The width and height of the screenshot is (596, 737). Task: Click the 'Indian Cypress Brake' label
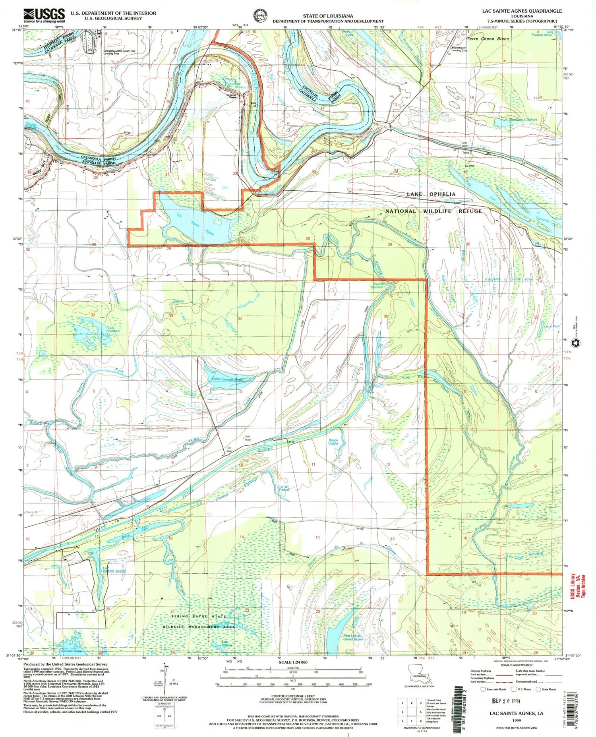click(x=227, y=379)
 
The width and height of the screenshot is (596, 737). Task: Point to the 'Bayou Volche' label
click(x=333, y=441)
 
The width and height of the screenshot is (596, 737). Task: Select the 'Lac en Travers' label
click(x=284, y=488)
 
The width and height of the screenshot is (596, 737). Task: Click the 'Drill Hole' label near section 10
click(x=248, y=439)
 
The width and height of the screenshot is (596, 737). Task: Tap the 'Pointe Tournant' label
click(x=378, y=285)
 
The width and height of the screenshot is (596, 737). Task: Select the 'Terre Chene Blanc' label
click(x=488, y=39)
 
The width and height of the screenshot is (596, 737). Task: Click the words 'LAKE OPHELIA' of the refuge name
click(x=431, y=194)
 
